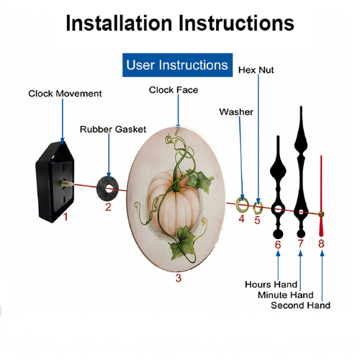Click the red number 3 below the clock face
click(x=179, y=278)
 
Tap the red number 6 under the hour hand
click(x=278, y=245)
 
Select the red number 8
click(x=321, y=243)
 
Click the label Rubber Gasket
click(x=113, y=130)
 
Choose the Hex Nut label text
click(x=256, y=70)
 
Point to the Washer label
click(x=236, y=112)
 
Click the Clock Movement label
click(x=65, y=94)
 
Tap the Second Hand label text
click(x=300, y=305)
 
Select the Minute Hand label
click(x=286, y=294)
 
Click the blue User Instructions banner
click(x=178, y=65)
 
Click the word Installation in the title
click(x=119, y=23)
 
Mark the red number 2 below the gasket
click(x=108, y=207)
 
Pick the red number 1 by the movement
click(x=66, y=217)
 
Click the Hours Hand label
click(x=271, y=284)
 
